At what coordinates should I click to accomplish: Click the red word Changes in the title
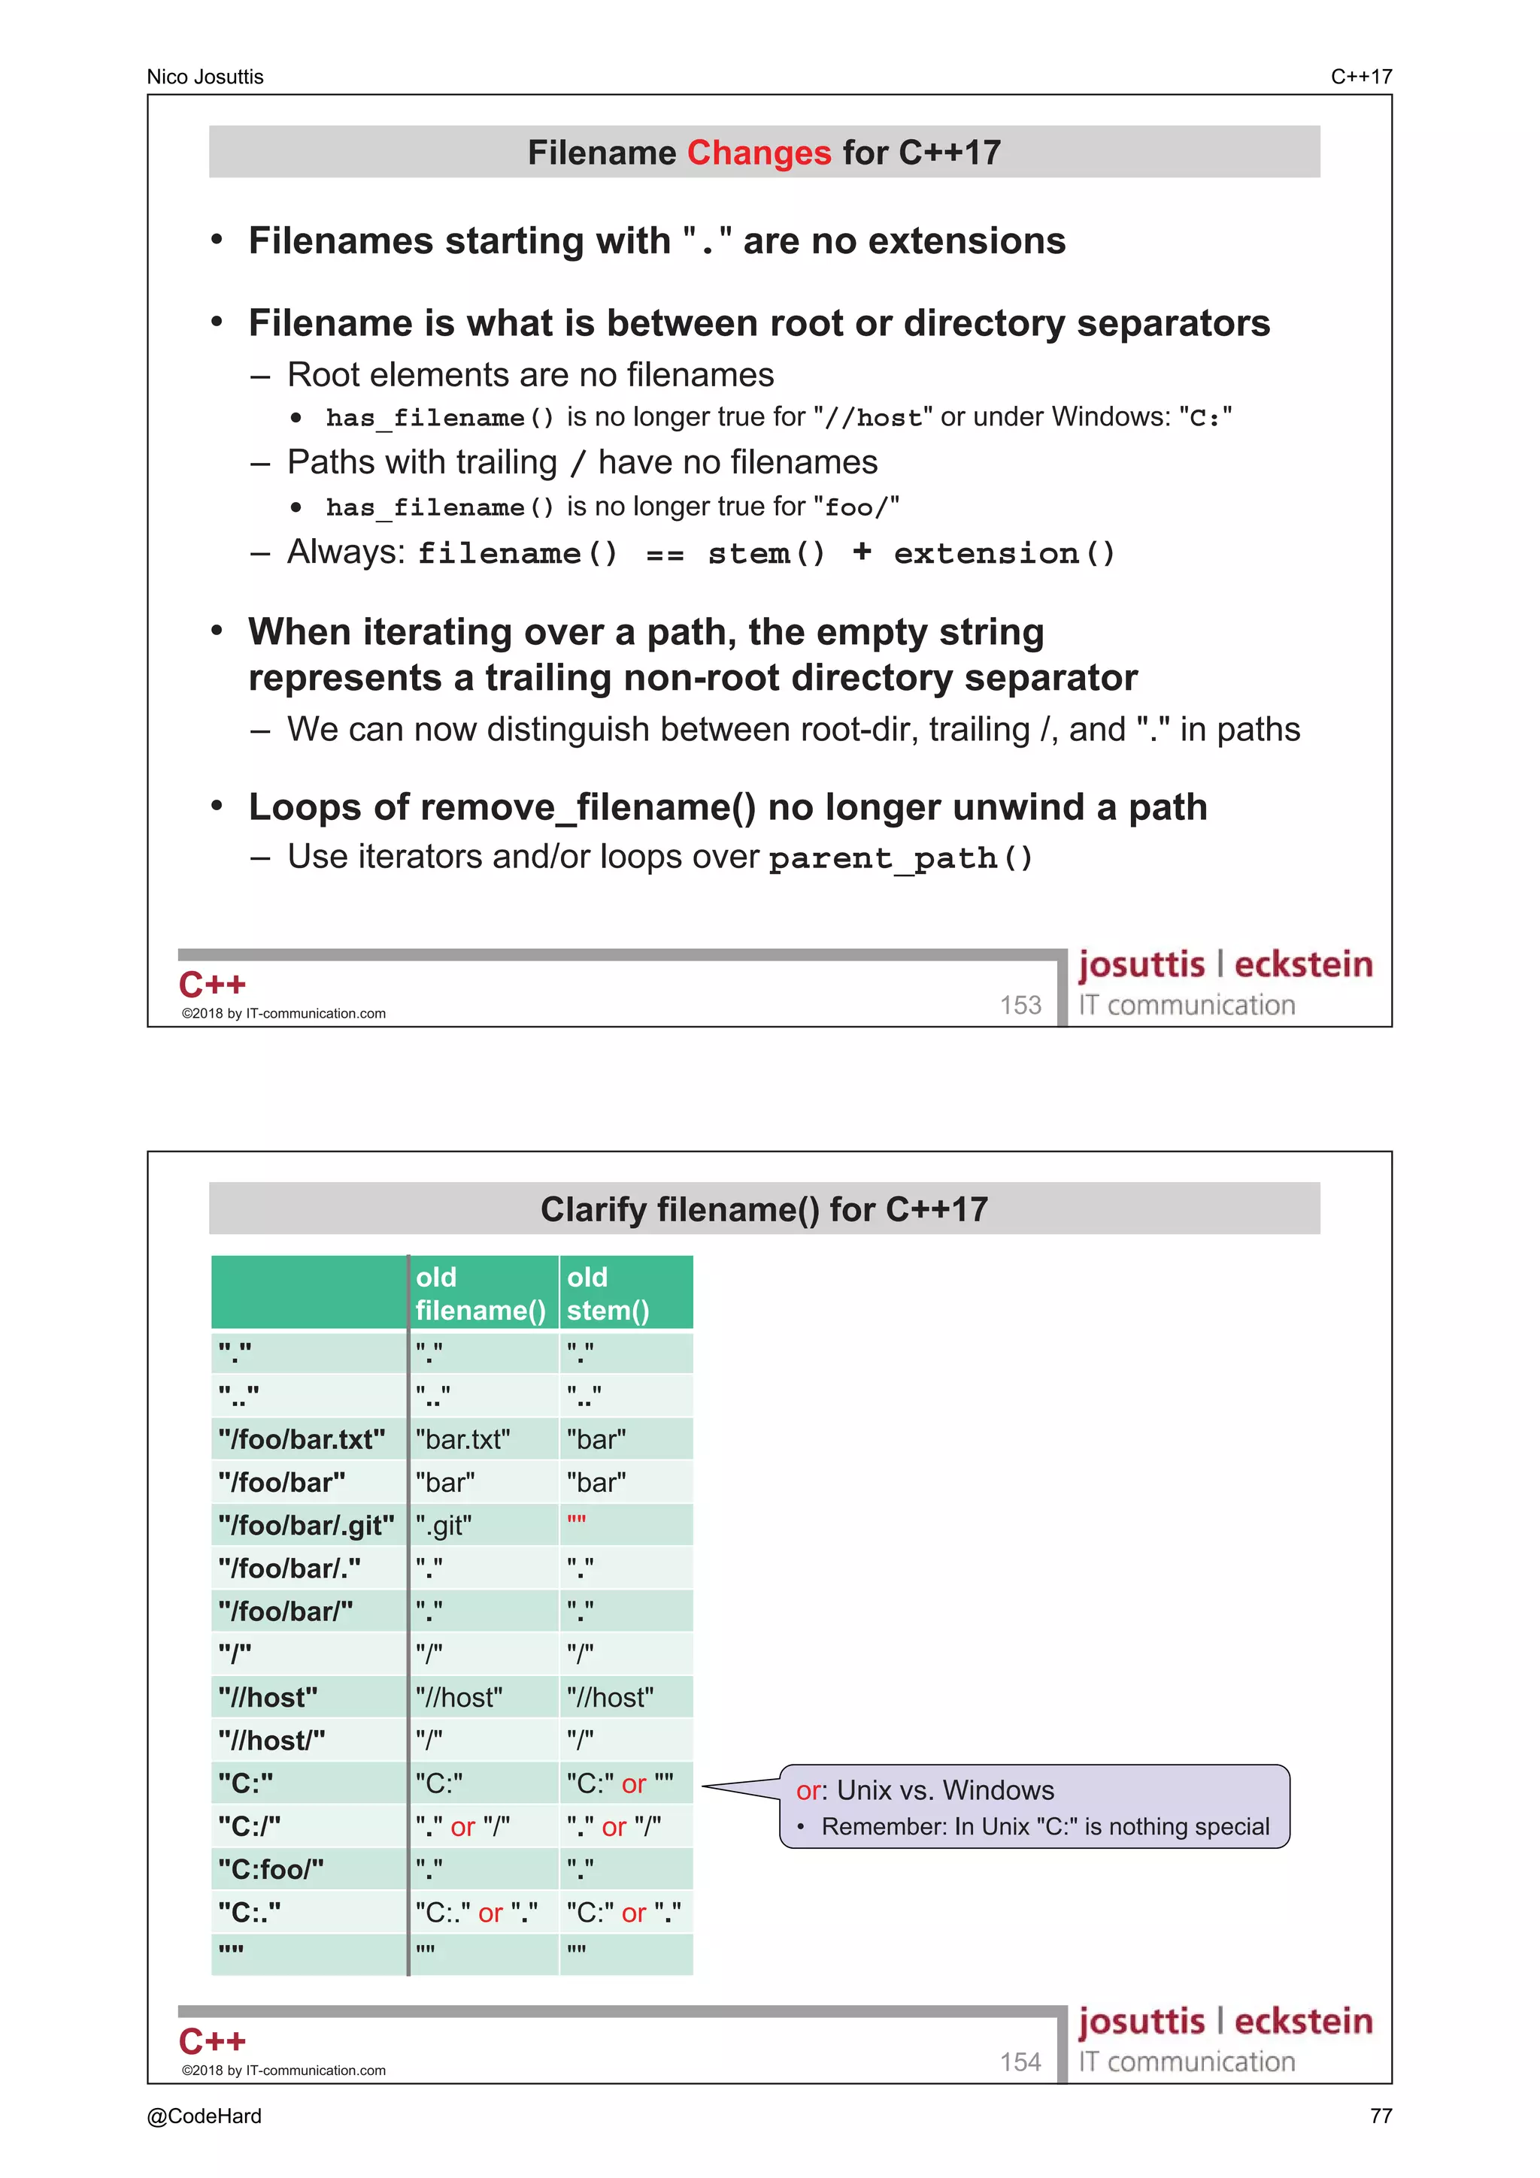point(758,153)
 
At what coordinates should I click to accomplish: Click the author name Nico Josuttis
point(205,77)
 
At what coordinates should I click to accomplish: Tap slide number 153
point(1020,1005)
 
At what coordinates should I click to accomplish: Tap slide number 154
point(1020,2062)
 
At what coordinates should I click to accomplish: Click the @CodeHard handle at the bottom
point(204,2116)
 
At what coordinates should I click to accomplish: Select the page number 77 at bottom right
point(1381,2116)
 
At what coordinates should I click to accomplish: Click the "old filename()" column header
point(480,1293)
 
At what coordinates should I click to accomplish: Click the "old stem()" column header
point(608,1293)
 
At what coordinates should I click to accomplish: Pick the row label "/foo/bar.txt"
point(302,1439)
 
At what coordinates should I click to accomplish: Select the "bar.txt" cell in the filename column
point(463,1439)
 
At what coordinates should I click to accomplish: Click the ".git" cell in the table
point(444,1526)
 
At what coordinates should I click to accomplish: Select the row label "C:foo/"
point(271,1869)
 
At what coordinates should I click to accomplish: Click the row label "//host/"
point(271,1740)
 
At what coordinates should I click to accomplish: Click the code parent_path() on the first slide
point(899,858)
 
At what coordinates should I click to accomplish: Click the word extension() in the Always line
point(1004,553)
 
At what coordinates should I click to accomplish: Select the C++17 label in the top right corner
point(1361,77)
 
